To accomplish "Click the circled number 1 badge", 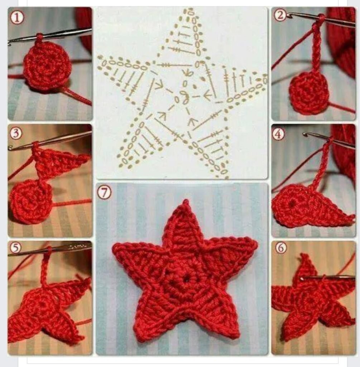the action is [17, 18].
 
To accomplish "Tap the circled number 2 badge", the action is [280, 15].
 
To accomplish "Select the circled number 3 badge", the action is [16, 133].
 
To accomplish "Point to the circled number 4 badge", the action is [278, 134].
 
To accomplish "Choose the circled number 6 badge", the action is [281, 248].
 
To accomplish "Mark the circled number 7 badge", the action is [104, 192].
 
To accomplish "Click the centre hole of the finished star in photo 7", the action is [186, 280].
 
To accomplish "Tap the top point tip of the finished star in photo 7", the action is [186, 200].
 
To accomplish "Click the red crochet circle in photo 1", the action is [48, 65].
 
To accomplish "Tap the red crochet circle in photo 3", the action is [30, 201].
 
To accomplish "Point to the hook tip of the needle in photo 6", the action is [303, 278].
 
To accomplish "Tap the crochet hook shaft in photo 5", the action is [49, 249].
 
